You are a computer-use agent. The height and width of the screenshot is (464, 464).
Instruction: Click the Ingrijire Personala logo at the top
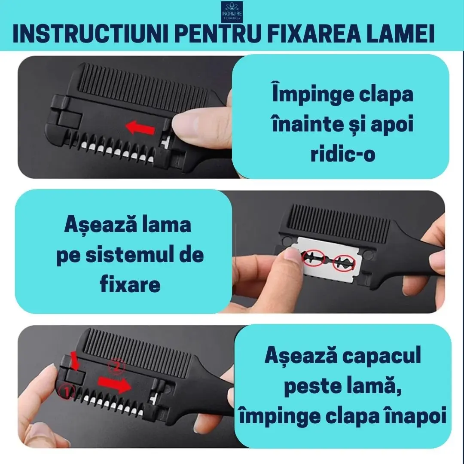click(x=232, y=11)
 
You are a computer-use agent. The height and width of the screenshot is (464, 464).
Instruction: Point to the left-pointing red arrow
click(x=140, y=128)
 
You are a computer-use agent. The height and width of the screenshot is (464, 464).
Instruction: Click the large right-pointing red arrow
click(x=114, y=384)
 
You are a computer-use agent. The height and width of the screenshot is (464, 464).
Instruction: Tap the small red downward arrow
click(x=74, y=361)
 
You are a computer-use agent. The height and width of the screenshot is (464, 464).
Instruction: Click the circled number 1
click(x=67, y=392)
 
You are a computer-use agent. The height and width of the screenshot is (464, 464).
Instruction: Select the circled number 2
click(x=116, y=366)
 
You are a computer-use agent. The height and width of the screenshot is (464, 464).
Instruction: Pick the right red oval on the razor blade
click(x=344, y=263)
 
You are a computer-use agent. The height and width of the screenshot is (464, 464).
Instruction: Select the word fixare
click(x=130, y=284)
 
